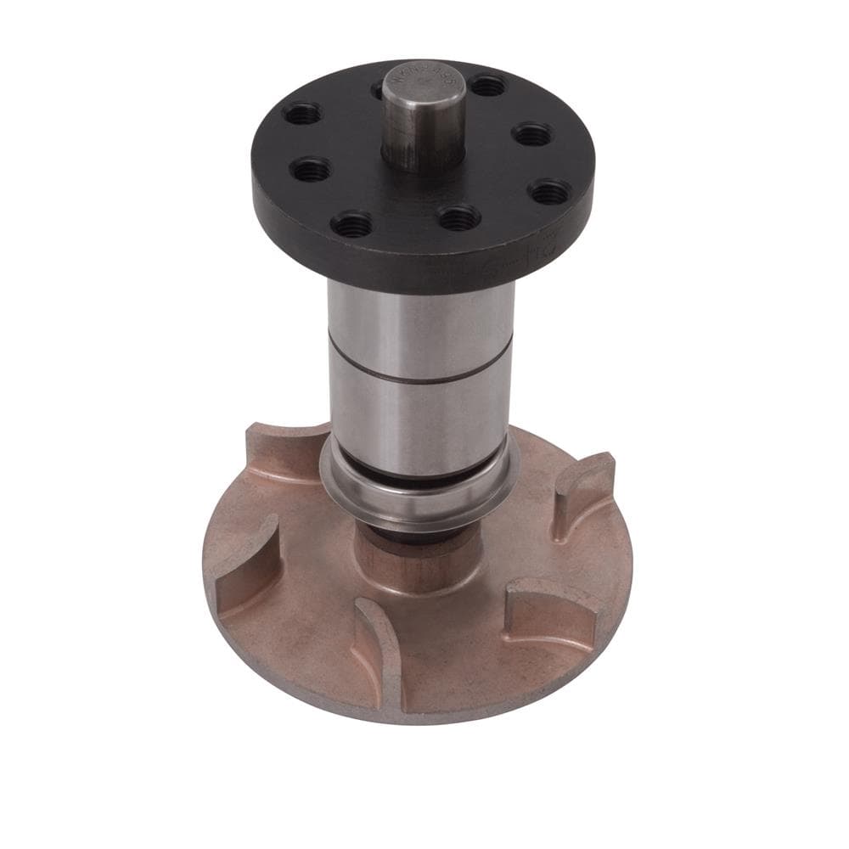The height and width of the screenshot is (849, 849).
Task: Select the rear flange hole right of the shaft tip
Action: [x=487, y=86]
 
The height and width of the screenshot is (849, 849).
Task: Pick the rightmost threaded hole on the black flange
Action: [x=549, y=190]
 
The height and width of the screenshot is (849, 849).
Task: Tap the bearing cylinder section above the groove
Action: [x=420, y=327]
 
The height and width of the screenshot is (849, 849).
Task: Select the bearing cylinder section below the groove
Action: [x=420, y=416]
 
